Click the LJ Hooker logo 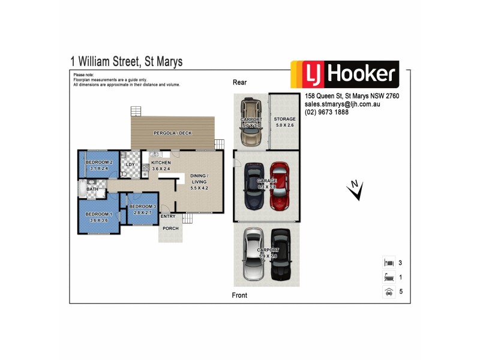pos(345,75)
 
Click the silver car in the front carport pos(253,254)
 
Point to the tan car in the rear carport pos(251,123)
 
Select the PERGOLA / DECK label pos(172,133)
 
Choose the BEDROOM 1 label pos(97,214)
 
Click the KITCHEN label pos(161,163)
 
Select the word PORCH pos(170,227)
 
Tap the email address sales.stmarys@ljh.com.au pos(343,104)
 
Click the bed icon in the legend pos(388,263)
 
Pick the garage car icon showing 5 pos(388,292)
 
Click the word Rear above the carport pos(240,82)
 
